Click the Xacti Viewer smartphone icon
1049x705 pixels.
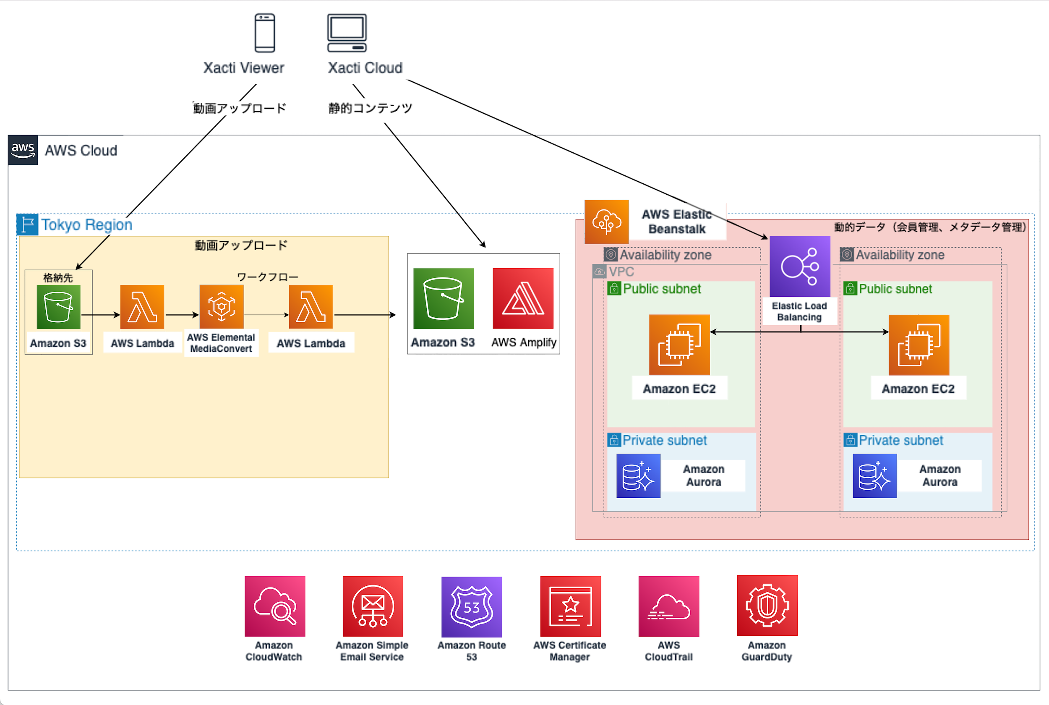pyautogui.click(x=265, y=33)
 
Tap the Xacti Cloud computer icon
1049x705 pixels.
pyautogui.click(x=347, y=33)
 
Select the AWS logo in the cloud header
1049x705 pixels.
pyautogui.click(x=23, y=150)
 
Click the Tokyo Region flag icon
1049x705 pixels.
pyautogui.click(x=27, y=225)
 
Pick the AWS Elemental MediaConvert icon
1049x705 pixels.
pyautogui.click(x=222, y=307)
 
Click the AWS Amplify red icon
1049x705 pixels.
pyautogui.click(x=523, y=298)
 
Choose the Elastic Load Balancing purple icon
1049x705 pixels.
pyautogui.click(x=800, y=266)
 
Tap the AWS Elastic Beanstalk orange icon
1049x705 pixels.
pyautogui.click(x=606, y=222)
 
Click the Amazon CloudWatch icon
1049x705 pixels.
pyautogui.click(x=274, y=606)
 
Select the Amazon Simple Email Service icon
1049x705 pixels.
pyautogui.click(x=373, y=606)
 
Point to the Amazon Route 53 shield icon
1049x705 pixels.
pyautogui.click(x=472, y=607)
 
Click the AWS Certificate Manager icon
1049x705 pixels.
pyautogui.click(x=570, y=606)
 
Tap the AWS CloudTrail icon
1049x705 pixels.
pyautogui.click(x=668, y=606)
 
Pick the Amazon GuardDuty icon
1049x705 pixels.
pyautogui.click(x=767, y=606)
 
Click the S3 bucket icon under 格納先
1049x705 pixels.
pyautogui.click(x=58, y=307)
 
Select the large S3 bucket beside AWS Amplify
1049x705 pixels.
pyautogui.click(x=444, y=298)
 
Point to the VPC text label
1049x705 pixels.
pyautogui.click(x=621, y=272)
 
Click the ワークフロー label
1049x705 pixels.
pyautogui.click(x=267, y=277)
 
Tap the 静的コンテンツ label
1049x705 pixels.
pyautogui.click(x=371, y=108)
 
